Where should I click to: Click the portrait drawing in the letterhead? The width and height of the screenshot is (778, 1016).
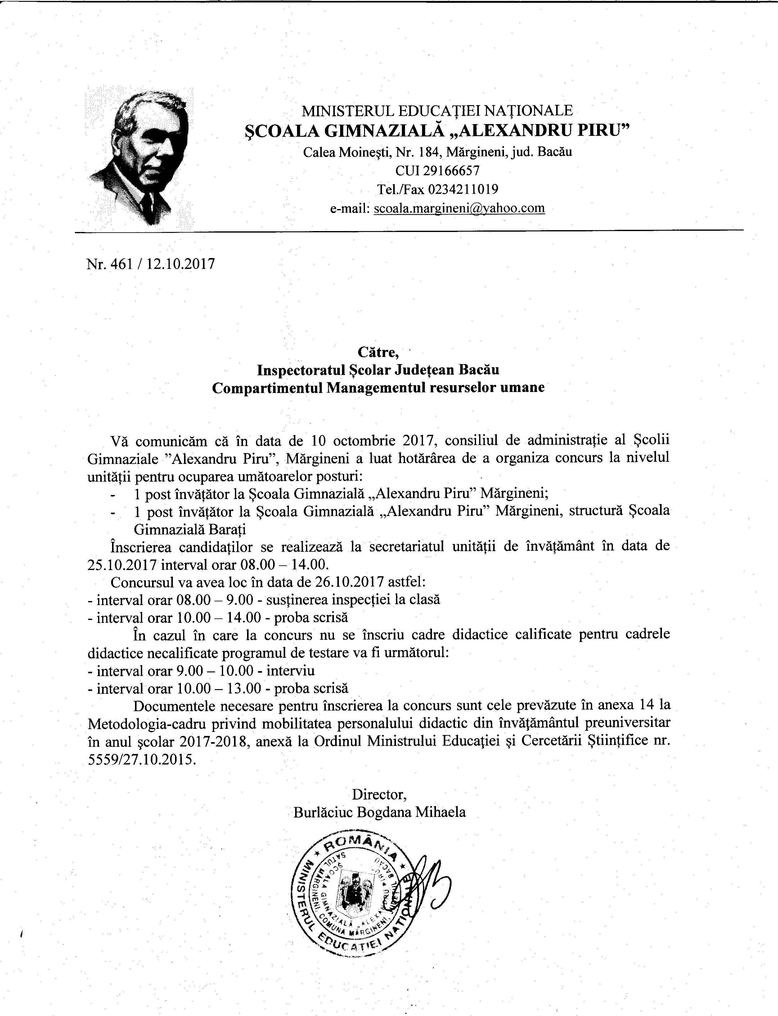[139, 157]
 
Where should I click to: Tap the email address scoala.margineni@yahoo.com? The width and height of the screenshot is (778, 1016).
[459, 208]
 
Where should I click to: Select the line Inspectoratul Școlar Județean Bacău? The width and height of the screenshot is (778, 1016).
[378, 370]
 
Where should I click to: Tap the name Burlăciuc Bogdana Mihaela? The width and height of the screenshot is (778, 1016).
[379, 812]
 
